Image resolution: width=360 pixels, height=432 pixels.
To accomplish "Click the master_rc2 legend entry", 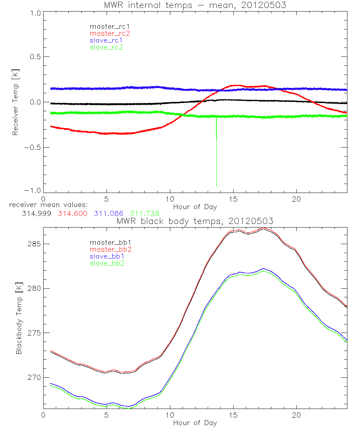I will click(110, 33).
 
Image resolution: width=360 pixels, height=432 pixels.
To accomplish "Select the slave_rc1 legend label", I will click(107, 40).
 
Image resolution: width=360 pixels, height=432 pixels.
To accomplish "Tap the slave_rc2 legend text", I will click(107, 47).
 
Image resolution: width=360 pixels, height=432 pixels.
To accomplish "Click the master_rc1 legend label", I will click(110, 27).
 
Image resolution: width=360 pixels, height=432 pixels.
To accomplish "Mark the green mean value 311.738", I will click(144, 213).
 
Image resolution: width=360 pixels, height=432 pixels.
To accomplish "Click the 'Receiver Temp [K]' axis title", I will click(15, 103).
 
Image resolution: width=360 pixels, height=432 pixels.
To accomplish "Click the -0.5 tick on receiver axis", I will click(33, 147).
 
